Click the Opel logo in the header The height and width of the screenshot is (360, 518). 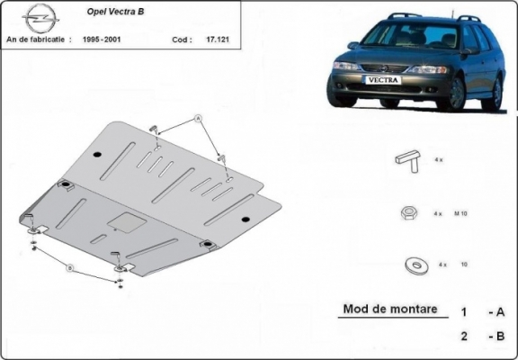pyautogui.click(x=38, y=19)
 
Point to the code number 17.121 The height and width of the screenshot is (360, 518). pyautogui.click(x=216, y=40)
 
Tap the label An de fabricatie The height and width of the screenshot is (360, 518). pyautogui.click(x=38, y=40)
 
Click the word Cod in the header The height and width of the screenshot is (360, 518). pyautogui.click(x=180, y=40)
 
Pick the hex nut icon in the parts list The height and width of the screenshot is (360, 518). pyautogui.click(x=406, y=213)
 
